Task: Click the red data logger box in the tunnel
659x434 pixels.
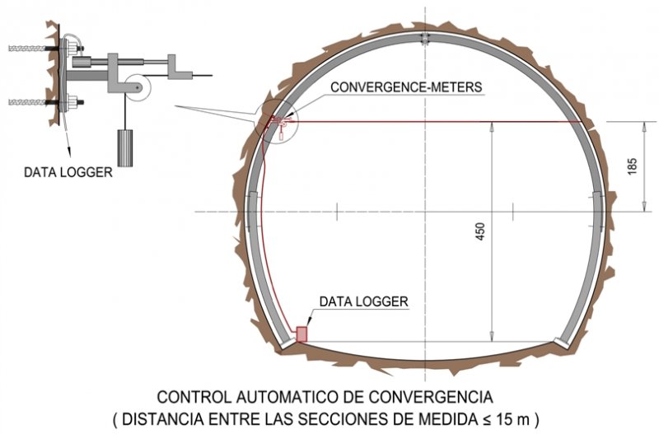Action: (301, 334)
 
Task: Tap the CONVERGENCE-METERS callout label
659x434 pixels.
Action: (406, 87)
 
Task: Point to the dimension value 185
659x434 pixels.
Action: (632, 166)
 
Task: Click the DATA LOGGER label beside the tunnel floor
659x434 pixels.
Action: (363, 301)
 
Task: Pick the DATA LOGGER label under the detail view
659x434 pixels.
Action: (68, 172)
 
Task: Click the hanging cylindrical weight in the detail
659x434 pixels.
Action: (124, 148)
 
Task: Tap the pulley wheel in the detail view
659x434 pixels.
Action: (137, 87)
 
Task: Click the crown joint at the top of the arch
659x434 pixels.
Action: (425, 38)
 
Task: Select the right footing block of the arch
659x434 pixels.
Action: (563, 343)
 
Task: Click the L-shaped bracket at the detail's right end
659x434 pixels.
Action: (180, 68)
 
